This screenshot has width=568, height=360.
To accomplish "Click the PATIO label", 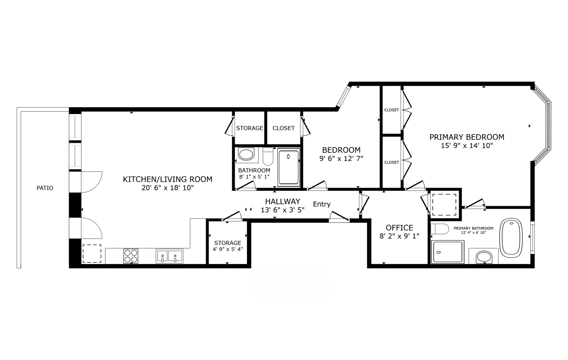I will pyautogui.click(x=45, y=188).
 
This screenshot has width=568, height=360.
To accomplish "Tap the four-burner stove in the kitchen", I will pyautogui.click(x=131, y=256).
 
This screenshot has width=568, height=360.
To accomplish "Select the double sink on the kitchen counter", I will pyautogui.click(x=169, y=256).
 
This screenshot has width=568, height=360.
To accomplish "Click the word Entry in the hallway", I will pyautogui.click(x=321, y=204).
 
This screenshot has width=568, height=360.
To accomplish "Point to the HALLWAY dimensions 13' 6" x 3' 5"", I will pyautogui.click(x=283, y=210).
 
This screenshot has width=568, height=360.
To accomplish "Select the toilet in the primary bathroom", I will pyautogui.click(x=439, y=229).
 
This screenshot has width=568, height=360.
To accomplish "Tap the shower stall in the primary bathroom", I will pyautogui.click(x=447, y=252).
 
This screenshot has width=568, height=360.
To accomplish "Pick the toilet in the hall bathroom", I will pyautogui.click(x=268, y=156).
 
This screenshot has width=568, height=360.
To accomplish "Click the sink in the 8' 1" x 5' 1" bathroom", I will pyautogui.click(x=246, y=155).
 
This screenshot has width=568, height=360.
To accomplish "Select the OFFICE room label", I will pyautogui.click(x=399, y=228).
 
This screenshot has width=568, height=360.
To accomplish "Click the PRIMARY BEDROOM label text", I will pyautogui.click(x=466, y=137).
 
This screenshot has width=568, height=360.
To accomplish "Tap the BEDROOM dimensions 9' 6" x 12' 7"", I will pyautogui.click(x=341, y=159).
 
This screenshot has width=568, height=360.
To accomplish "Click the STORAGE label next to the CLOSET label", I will pyautogui.click(x=250, y=128).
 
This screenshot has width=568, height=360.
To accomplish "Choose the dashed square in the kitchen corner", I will pyautogui.click(x=92, y=254).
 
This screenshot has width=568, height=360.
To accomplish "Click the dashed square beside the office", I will pyautogui.click(x=444, y=204).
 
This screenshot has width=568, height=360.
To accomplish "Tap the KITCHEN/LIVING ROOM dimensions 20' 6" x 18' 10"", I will pyautogui.click(x=168, y=188).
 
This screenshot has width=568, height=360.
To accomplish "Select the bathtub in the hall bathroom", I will pyautogui.click(x=288, y=167).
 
